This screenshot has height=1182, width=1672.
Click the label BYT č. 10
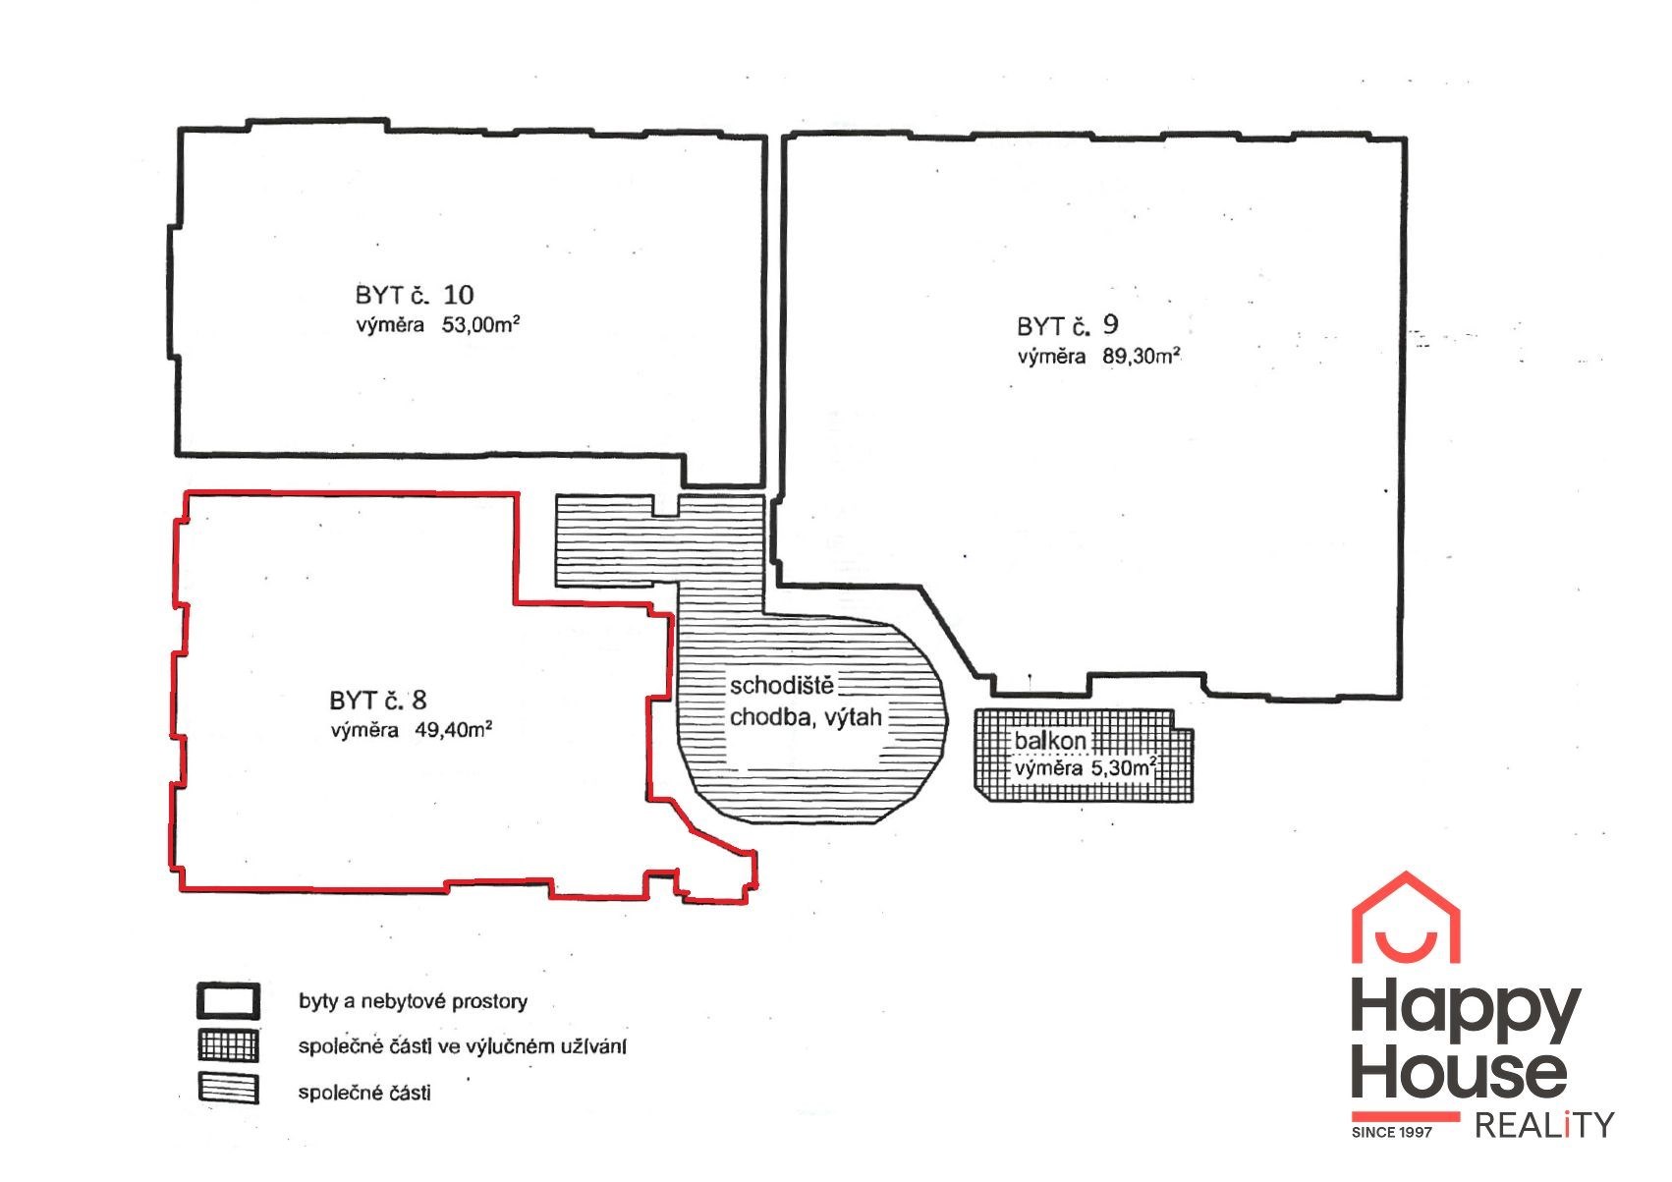[x=415, y=296]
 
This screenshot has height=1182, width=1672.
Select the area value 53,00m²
[x=480, y=325]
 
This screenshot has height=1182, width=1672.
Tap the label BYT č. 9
[x=1068, y=325]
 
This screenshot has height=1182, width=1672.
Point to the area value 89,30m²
[x=1142, y=356]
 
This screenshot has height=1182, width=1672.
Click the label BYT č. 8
[x=377, y=701]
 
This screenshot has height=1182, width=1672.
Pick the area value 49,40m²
[x=453, y=729]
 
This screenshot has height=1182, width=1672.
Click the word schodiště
[x=782, y=686]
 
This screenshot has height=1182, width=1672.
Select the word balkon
[x=1049, y=742]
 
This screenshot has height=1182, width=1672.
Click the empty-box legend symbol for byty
[x=229, y=1001]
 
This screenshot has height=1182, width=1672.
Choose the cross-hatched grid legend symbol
[x=229, y=1045]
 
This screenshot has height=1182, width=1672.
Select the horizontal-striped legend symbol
[x=229, y=1089]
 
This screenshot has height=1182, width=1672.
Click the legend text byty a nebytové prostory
[x=413, y=1001]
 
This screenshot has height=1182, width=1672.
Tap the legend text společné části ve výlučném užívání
[x=462, y=1046]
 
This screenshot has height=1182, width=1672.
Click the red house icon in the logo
[x=1406, y=917]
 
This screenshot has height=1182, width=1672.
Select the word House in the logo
[x=1459, y=1074]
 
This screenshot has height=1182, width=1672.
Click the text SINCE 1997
[x=1392, y=1133]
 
